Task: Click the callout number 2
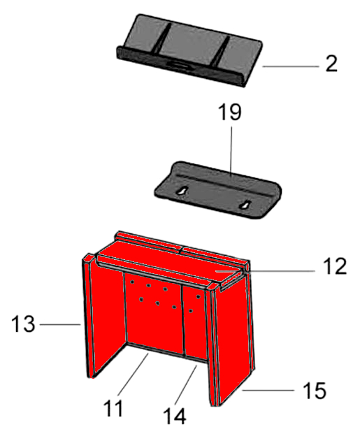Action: click(331, 64)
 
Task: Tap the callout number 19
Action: click(230, 112)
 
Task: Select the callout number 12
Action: click(335, 266)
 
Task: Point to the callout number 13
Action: click(23, 324)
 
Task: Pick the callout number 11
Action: click(113, 409)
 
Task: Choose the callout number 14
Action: click(175, 416)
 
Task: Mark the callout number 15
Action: click(315, 391)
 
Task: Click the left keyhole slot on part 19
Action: click(181, 191)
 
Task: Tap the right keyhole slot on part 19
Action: click(245, 205)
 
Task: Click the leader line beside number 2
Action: click(290, 66)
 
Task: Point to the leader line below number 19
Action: click(231, 150)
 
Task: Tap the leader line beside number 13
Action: click(60, 324)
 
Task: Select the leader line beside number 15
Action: click(268, 391)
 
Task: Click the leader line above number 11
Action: click(134, 374)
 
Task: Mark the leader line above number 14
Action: click(187, 384)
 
